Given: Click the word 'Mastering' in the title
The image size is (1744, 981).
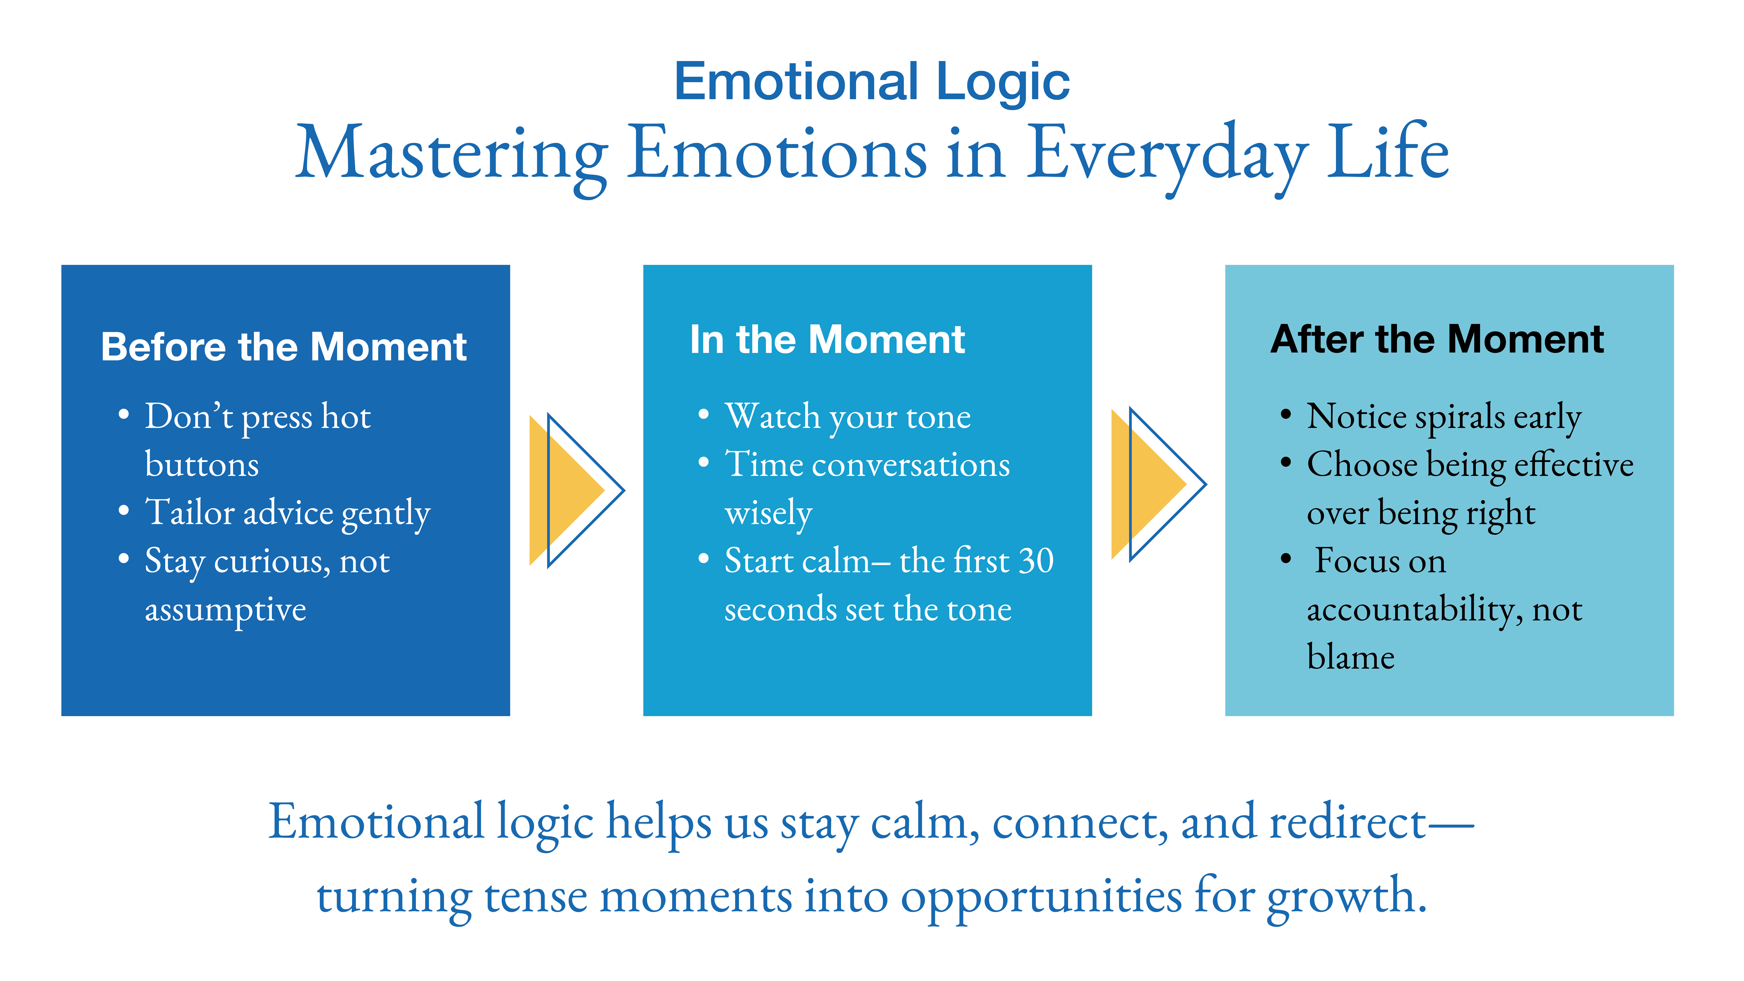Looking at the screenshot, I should tap(451, 154).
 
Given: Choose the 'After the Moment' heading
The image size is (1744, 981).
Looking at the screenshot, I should tap(1437, 340).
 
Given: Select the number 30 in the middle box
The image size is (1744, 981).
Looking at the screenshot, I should tap(1036, 561).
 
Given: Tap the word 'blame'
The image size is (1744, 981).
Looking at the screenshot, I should tap(1351, 657).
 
